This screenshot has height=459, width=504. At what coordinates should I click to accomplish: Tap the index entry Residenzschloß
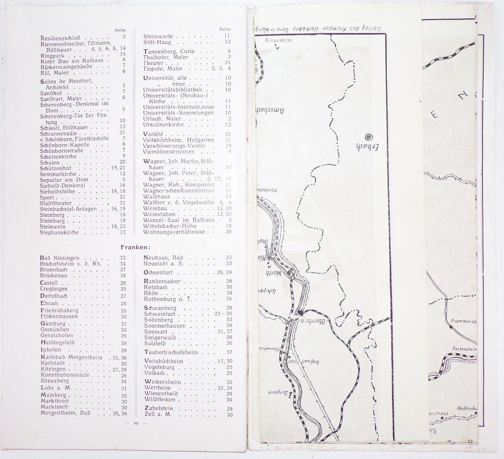coord(58,38)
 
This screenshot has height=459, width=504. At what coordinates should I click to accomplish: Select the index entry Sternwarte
coord(158,37)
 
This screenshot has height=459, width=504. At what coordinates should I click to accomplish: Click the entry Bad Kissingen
coord(59,258)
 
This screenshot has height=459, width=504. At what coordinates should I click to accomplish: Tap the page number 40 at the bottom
coord(136,424)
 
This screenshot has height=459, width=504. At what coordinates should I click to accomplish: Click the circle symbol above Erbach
coord(368,136)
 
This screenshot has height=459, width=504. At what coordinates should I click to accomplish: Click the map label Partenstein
coord(464,349)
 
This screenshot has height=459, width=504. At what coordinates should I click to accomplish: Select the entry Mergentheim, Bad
coord(65,413)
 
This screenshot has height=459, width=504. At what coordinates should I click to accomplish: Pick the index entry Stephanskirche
coord(59,233)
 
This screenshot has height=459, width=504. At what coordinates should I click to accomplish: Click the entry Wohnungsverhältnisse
coord(174,232)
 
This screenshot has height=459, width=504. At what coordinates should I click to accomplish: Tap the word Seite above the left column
coord(120,30)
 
